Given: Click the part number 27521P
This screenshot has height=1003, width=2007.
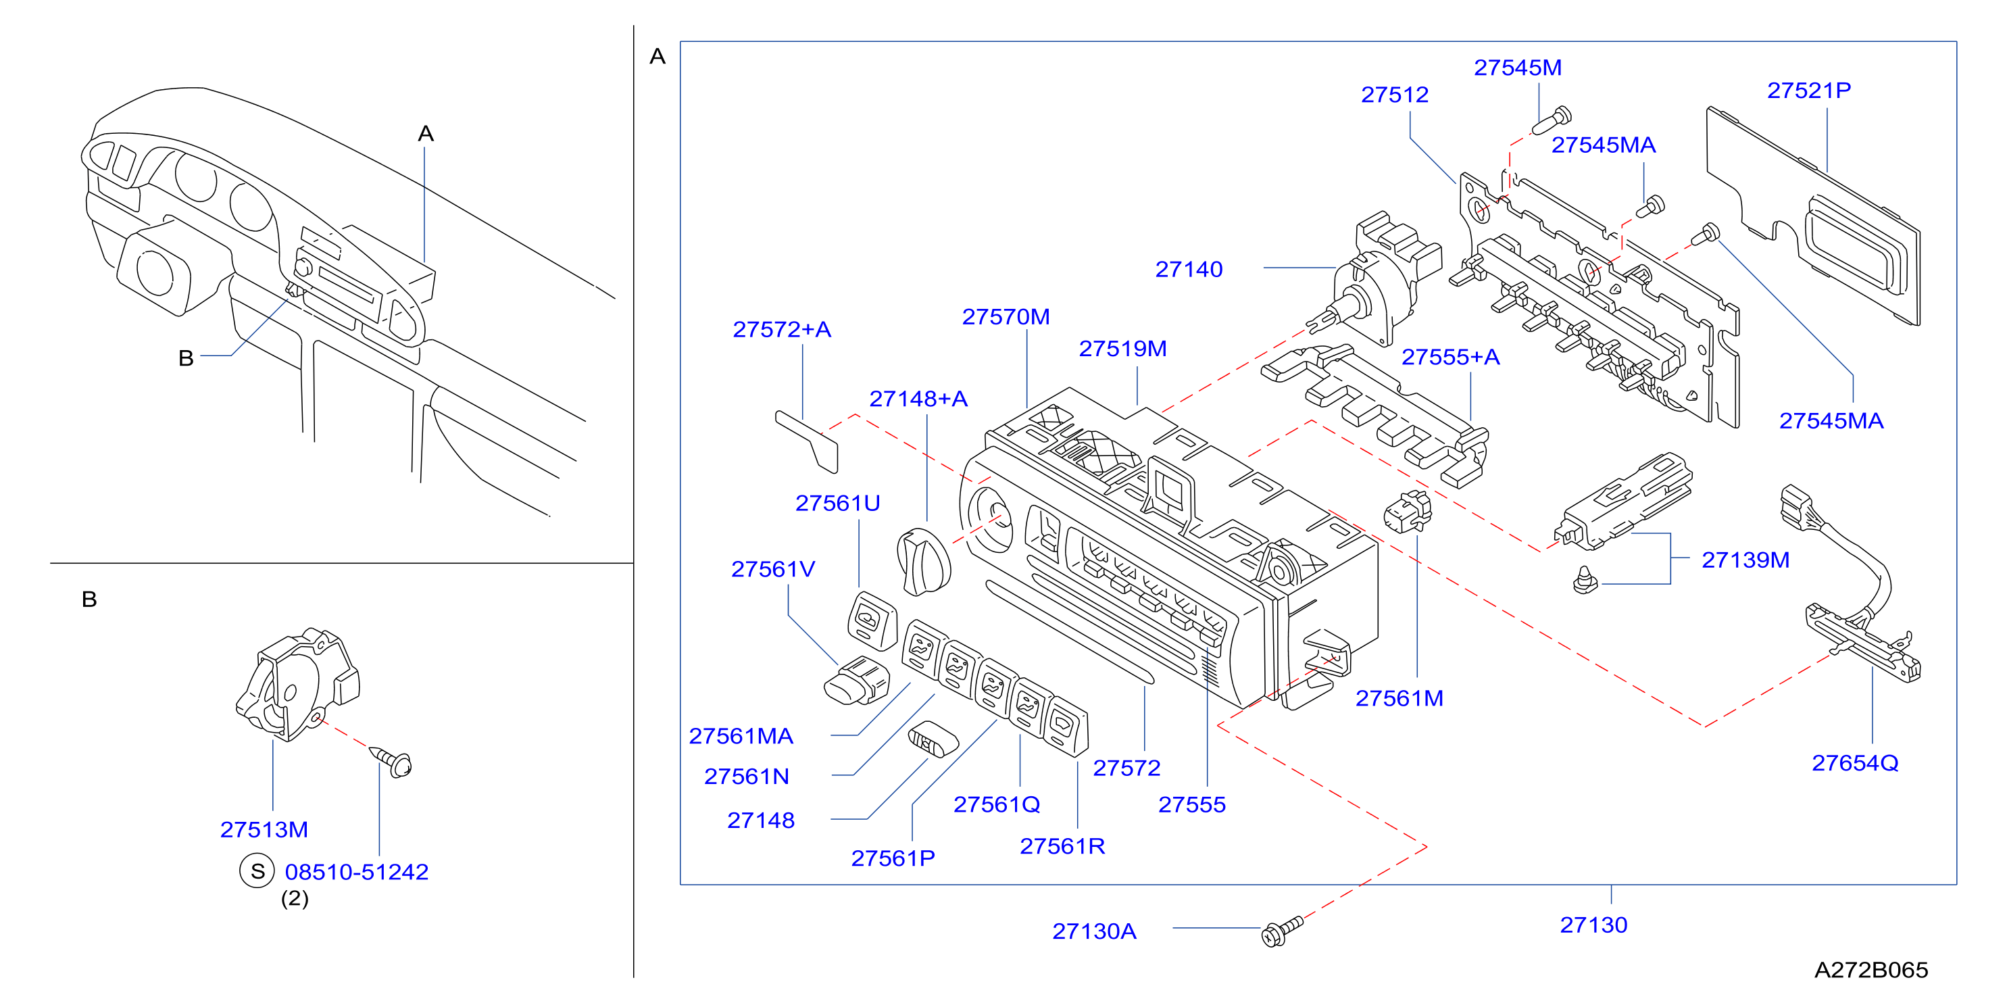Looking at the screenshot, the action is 1808,91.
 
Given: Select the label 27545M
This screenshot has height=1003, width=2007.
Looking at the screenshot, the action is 1518,68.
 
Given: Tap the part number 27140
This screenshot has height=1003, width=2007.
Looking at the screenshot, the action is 1189,270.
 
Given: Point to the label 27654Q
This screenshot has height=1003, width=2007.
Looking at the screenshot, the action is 1855,763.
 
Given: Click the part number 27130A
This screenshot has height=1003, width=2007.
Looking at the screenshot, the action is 1095,931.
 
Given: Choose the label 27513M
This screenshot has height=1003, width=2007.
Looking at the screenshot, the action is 264,830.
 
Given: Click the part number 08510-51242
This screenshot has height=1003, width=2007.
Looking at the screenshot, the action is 357,872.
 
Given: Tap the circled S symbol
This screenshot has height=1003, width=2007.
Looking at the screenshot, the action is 257,871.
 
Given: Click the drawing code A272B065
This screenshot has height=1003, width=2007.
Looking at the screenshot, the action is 1871,971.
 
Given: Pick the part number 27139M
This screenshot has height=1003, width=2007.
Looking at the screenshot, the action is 1745,560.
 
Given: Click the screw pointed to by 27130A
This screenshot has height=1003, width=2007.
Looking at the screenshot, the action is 1282,931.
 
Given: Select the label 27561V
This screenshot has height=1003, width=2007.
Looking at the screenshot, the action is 773,570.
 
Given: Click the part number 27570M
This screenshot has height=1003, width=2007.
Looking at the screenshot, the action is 1006,317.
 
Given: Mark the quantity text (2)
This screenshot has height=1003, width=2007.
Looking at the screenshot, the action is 295,898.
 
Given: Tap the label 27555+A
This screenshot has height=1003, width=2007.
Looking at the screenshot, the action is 1451,357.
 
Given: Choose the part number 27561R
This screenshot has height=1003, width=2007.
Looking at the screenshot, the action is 1063,846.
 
